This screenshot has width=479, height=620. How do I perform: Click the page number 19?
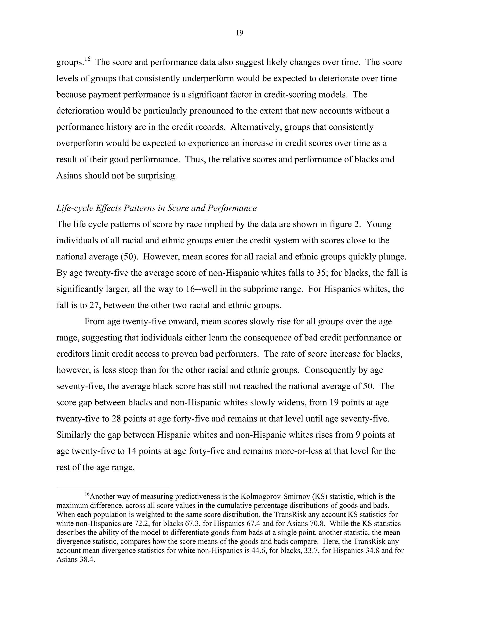coord(239,33)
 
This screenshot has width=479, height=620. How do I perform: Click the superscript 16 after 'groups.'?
coord(87,59)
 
